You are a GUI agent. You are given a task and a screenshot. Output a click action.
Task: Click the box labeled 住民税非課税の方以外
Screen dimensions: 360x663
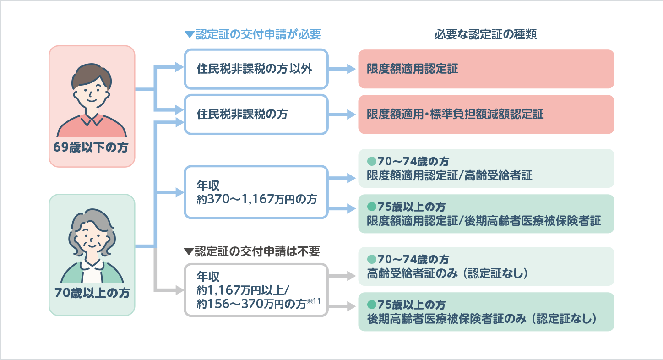coord(256,69)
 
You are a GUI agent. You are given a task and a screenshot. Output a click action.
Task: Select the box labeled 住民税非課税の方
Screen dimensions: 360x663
coord(256,114)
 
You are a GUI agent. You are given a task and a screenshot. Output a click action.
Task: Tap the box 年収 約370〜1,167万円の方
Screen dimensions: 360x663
coord(256,192)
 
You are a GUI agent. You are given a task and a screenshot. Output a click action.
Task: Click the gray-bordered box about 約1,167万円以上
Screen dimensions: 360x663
coord(256,290)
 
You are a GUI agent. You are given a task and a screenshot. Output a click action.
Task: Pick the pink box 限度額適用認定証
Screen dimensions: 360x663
coord(486,69)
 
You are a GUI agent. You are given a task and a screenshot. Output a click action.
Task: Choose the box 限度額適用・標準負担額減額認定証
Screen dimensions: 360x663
coord(486,114)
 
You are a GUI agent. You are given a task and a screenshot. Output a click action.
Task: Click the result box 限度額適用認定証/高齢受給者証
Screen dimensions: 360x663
coord(486,169)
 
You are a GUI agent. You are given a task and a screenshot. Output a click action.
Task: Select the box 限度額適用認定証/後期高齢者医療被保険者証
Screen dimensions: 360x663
coord(486,214)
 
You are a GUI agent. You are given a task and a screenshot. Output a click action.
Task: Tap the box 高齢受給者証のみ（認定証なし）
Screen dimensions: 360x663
coord(486,267)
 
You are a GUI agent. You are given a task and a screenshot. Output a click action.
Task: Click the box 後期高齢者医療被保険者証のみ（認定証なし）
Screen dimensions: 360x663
coord(486,312)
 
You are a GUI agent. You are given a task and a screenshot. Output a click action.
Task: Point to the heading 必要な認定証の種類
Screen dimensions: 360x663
coord(485,35)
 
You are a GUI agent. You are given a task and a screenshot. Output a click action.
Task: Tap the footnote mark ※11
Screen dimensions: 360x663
coord(315,301)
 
